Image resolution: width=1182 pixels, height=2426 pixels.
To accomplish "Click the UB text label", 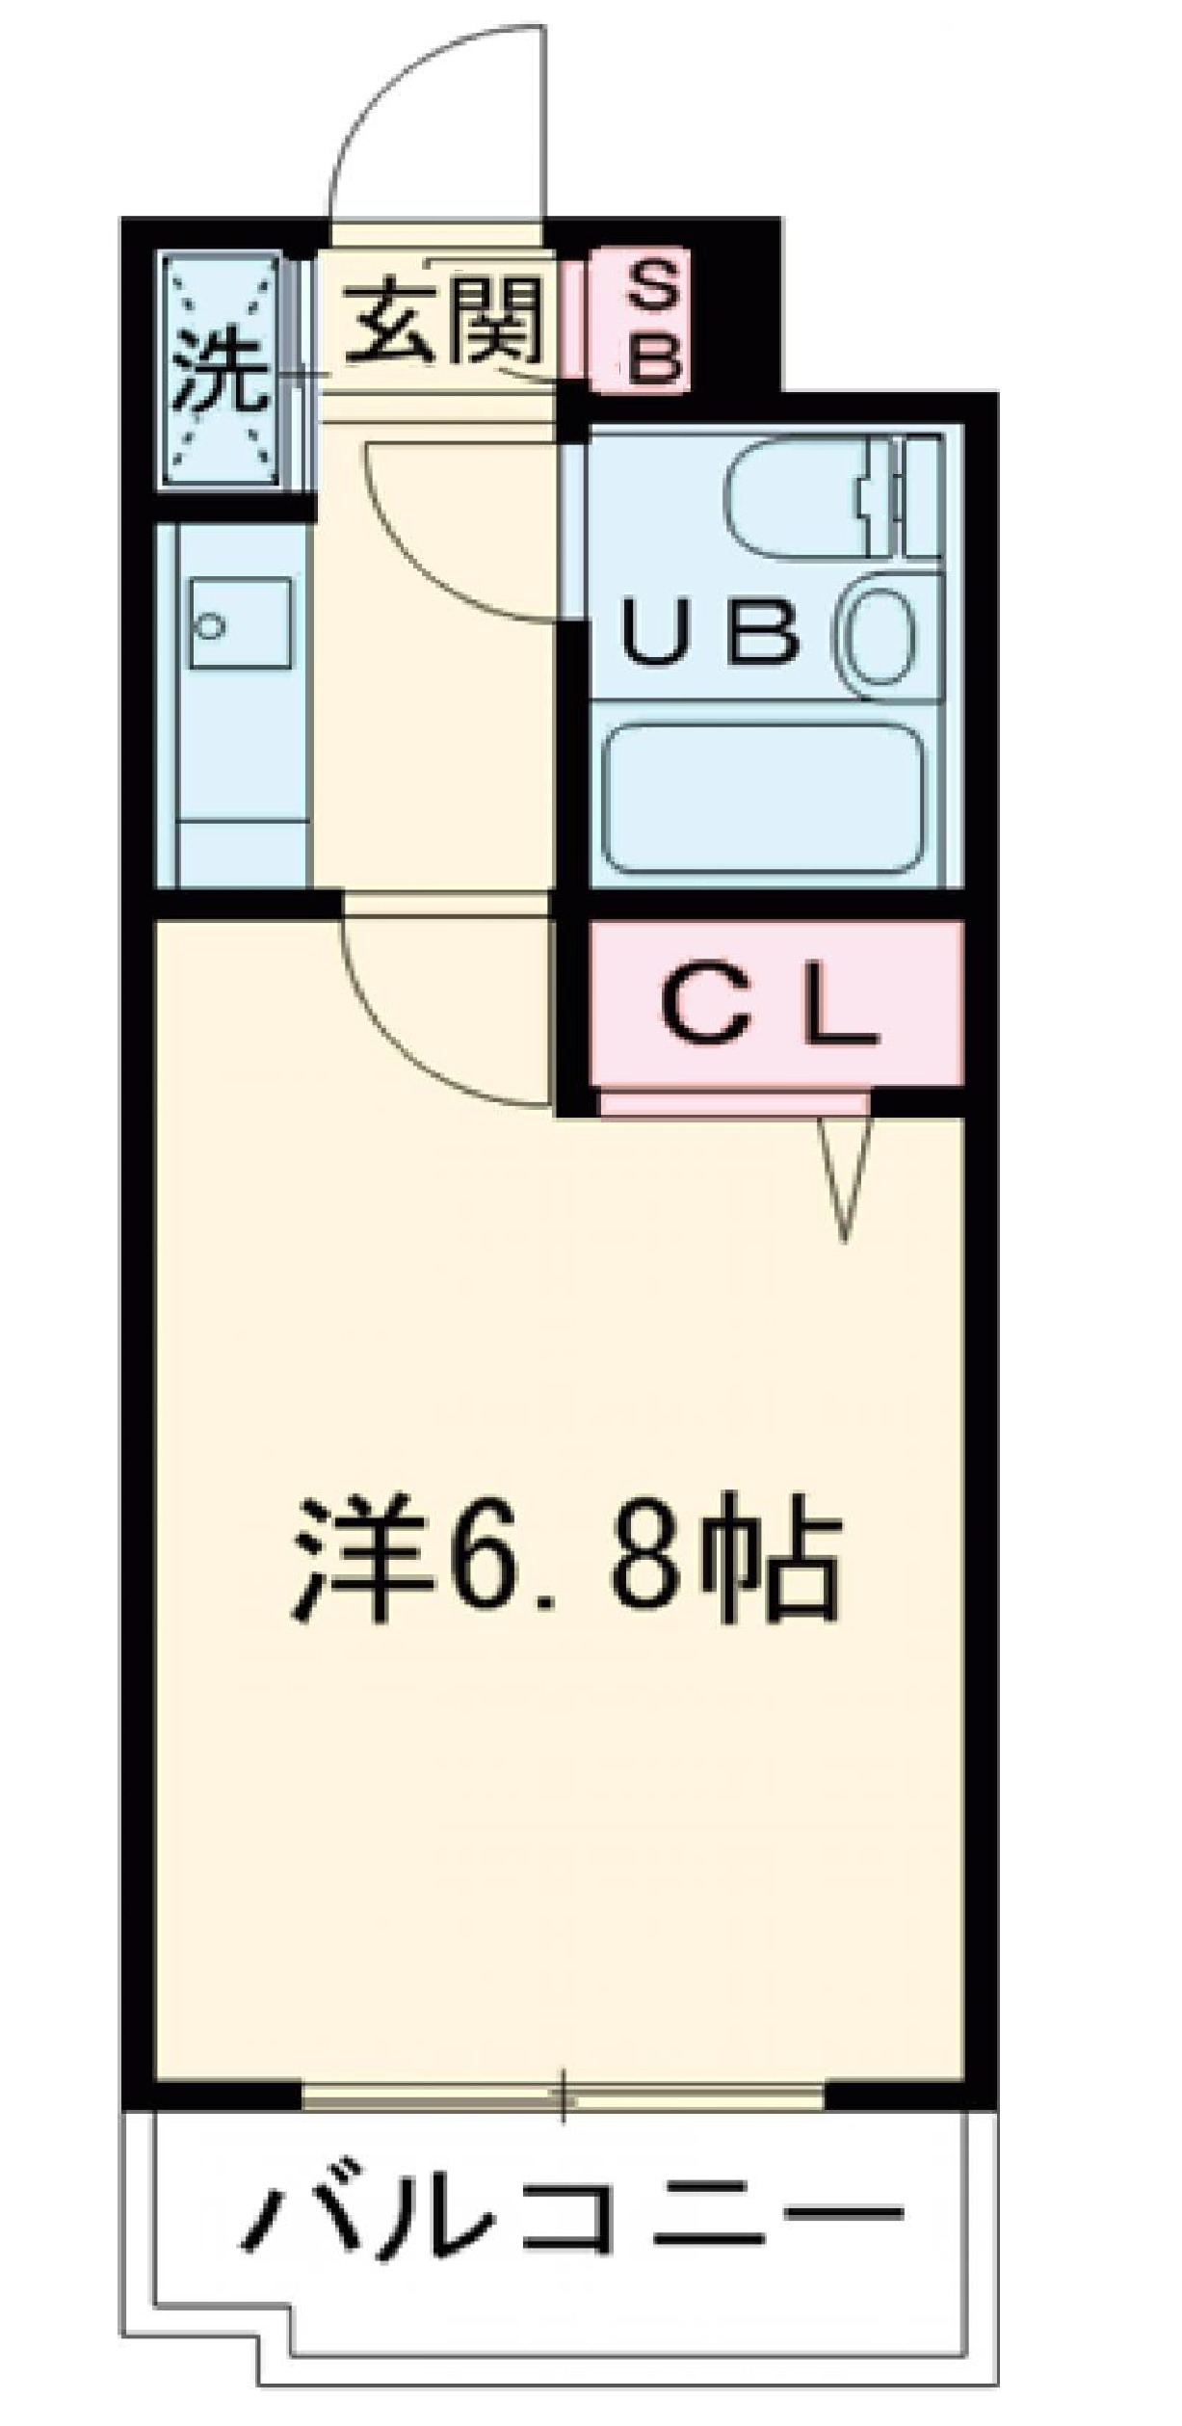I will (710, 634).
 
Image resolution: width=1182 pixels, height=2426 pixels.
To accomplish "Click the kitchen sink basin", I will (239, 623).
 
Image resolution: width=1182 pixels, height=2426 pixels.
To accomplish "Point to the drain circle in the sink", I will (208, 627).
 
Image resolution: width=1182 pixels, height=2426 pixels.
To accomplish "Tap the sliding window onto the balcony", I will (564, 2093).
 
